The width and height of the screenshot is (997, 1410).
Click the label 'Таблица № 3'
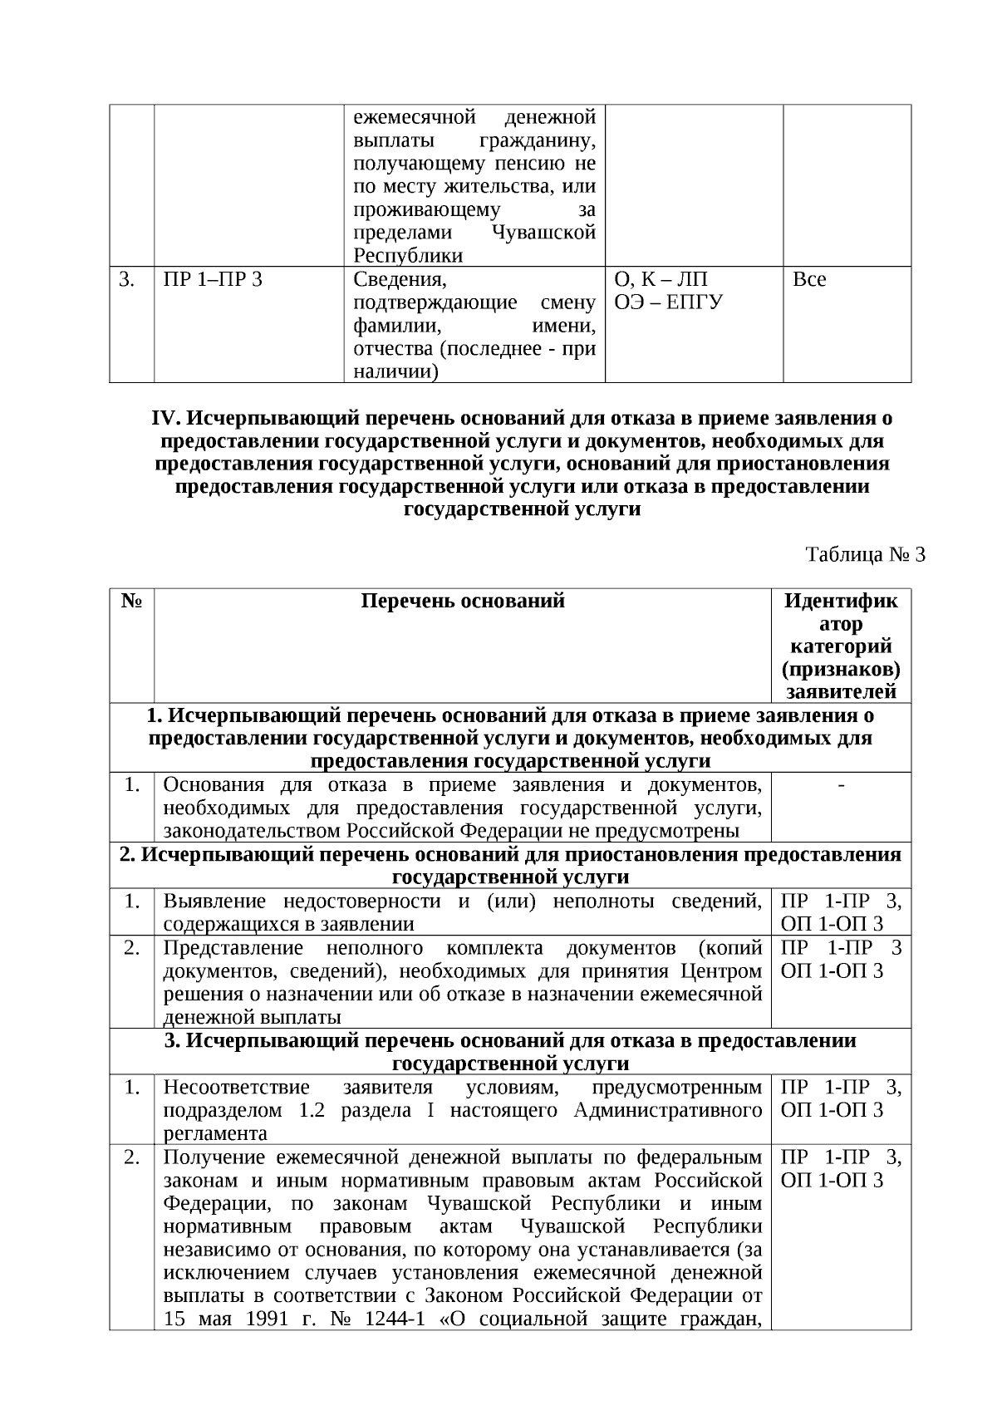point(865,555)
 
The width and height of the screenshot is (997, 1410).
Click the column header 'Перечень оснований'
point(463,601)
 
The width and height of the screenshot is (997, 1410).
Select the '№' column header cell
point(131,601)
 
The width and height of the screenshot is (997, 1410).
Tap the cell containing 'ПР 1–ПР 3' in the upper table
point(213,280)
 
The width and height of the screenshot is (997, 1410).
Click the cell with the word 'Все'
point(809,280)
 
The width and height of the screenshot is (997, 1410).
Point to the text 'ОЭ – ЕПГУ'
point(668,302)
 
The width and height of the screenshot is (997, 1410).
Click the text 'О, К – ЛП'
point(661,280)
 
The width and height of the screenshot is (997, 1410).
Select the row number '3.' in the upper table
point(126,280)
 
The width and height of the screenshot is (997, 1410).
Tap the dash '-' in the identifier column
point(842,785)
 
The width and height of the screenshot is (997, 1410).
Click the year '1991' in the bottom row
point(270,1319)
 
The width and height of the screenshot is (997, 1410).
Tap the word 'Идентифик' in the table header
point(841,601)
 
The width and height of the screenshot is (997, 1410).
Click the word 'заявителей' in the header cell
point(841,692)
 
